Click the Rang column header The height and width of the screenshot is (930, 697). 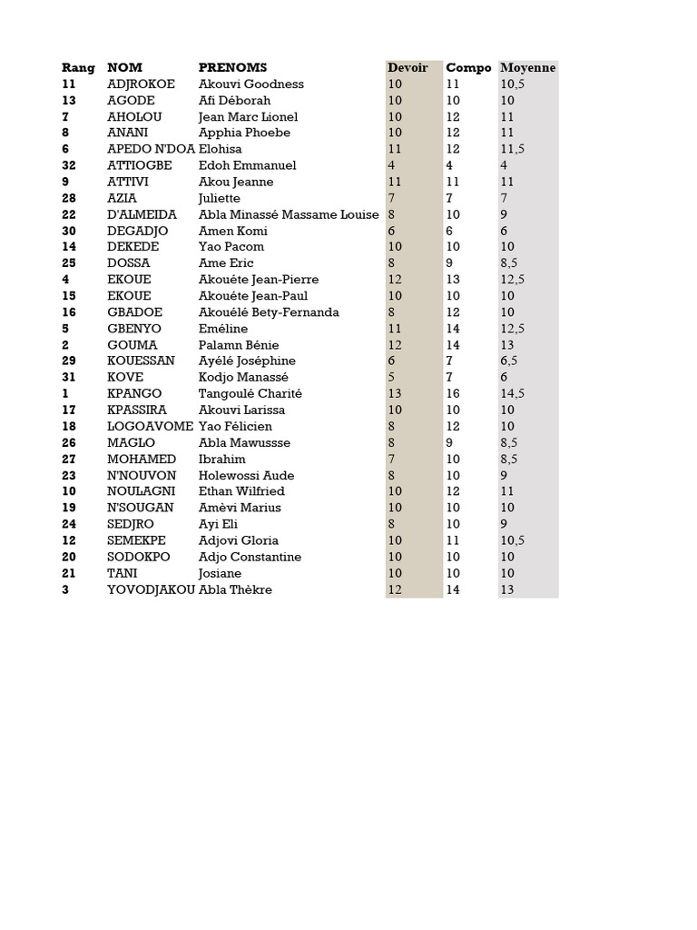[x=78, y=68]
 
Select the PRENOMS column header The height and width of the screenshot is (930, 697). [x=232, y=68]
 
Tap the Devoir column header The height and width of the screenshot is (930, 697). [x=407, y=68]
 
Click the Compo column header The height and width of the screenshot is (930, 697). [x=468, y=68]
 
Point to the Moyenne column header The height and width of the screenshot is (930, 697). [x=527, y=68]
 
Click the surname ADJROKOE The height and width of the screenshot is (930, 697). [x=141, y=84]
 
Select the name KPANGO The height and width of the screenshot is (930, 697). [x=134, y=394]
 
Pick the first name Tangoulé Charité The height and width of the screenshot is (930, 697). [x=250, y=394]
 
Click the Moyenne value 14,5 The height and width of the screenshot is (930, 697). [x=513, y=394]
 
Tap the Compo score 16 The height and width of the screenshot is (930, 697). [x=453, y=394]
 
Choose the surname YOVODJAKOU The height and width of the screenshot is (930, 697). [x=151, y=590]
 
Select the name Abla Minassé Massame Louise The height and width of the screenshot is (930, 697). [x=290, y=215]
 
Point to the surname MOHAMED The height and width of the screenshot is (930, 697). [x=142, y=460]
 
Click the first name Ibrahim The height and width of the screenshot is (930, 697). [x=222, y=460]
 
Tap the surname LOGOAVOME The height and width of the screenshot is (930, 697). [x=150, y=427]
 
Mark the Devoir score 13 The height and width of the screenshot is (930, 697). [x=395, y=394]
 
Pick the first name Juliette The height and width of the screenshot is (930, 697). [x=220, y=199]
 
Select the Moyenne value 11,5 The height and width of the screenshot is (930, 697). [x=513, y=150]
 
